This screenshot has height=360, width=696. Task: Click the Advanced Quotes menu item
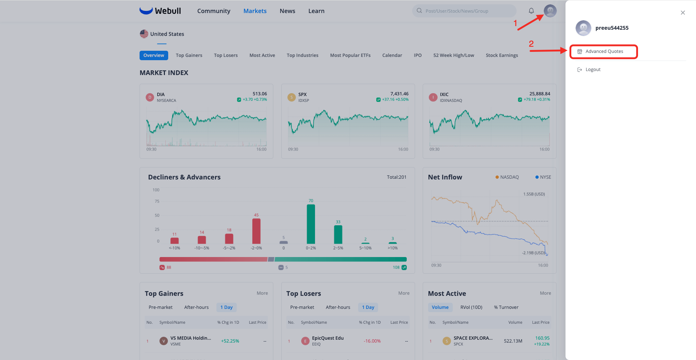[x=604, y=51]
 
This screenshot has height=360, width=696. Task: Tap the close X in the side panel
[x=683, y=13]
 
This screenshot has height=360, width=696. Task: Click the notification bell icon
[x=531, y=11]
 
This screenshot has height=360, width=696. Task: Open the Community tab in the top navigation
[x=214, y=11]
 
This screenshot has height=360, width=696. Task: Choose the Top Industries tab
[x=302, y=55]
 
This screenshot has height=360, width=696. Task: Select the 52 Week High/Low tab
[x=453, y=55]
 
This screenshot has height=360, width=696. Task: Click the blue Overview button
[x=154, y=55]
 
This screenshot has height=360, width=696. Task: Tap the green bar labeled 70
[x=311, y=224]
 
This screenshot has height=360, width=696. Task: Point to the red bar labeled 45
[x=256, y=231]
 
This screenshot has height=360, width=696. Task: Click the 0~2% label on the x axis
[x=311, y=248]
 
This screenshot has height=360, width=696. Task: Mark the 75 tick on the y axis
[x=157, y=201]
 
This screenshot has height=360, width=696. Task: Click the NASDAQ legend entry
[x=507, y=177]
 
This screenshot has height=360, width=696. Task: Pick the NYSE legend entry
[x=543, y=177]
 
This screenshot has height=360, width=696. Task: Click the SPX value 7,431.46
[x=399, y=94]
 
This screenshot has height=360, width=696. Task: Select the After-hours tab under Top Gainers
[x=196, y=307]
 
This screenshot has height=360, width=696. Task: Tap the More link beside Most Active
[x=545, y=293]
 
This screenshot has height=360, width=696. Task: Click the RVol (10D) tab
[x=471, y=307]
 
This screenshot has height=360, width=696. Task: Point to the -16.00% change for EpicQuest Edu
[x=372, y=341]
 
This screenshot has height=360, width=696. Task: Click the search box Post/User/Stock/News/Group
[x=464, y=11]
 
